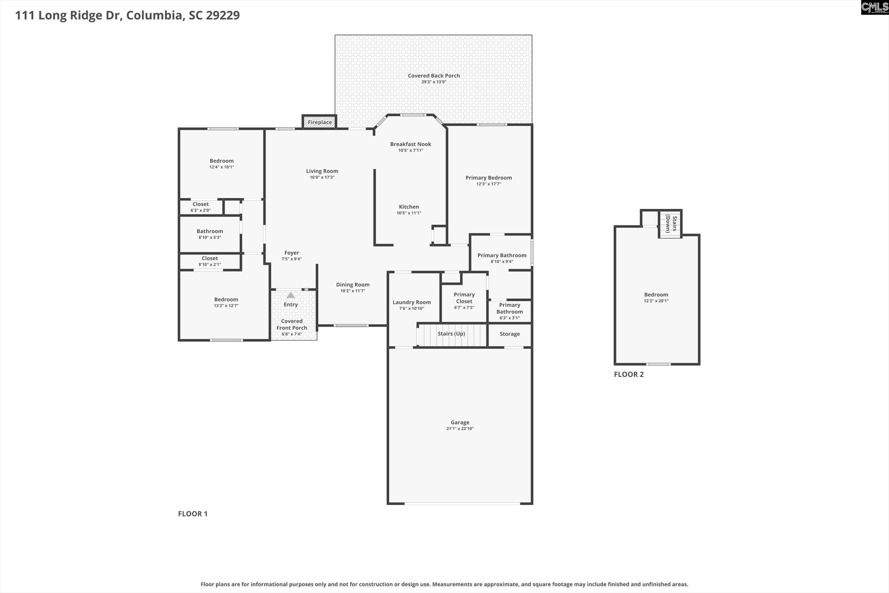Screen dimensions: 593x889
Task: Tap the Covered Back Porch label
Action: click(x=434, y=76)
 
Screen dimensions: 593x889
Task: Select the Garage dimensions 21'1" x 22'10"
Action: click(x=460, y=429)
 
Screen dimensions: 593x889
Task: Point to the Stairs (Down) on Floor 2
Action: click(x=671, y=224)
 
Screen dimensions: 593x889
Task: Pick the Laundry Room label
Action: click(x=412, y=302)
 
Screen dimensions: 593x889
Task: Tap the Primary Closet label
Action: click(x=464, y=298)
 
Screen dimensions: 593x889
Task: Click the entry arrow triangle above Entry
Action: click(x=290, y=295)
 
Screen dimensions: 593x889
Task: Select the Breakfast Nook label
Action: click(x=410, y=144)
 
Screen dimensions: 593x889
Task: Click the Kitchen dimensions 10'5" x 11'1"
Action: click(x=409, y=213)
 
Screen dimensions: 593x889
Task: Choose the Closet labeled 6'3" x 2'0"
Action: click(x=200, y=207)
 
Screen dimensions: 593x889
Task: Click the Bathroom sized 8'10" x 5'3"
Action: click(x=210, y=234)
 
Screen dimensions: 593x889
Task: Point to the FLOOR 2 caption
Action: click(x=629, y=374)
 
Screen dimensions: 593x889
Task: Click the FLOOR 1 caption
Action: click(x=193, y=514)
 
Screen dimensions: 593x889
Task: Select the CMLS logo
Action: click(x=874, y=7)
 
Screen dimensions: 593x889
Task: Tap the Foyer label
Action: click(x=291, y=252)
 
